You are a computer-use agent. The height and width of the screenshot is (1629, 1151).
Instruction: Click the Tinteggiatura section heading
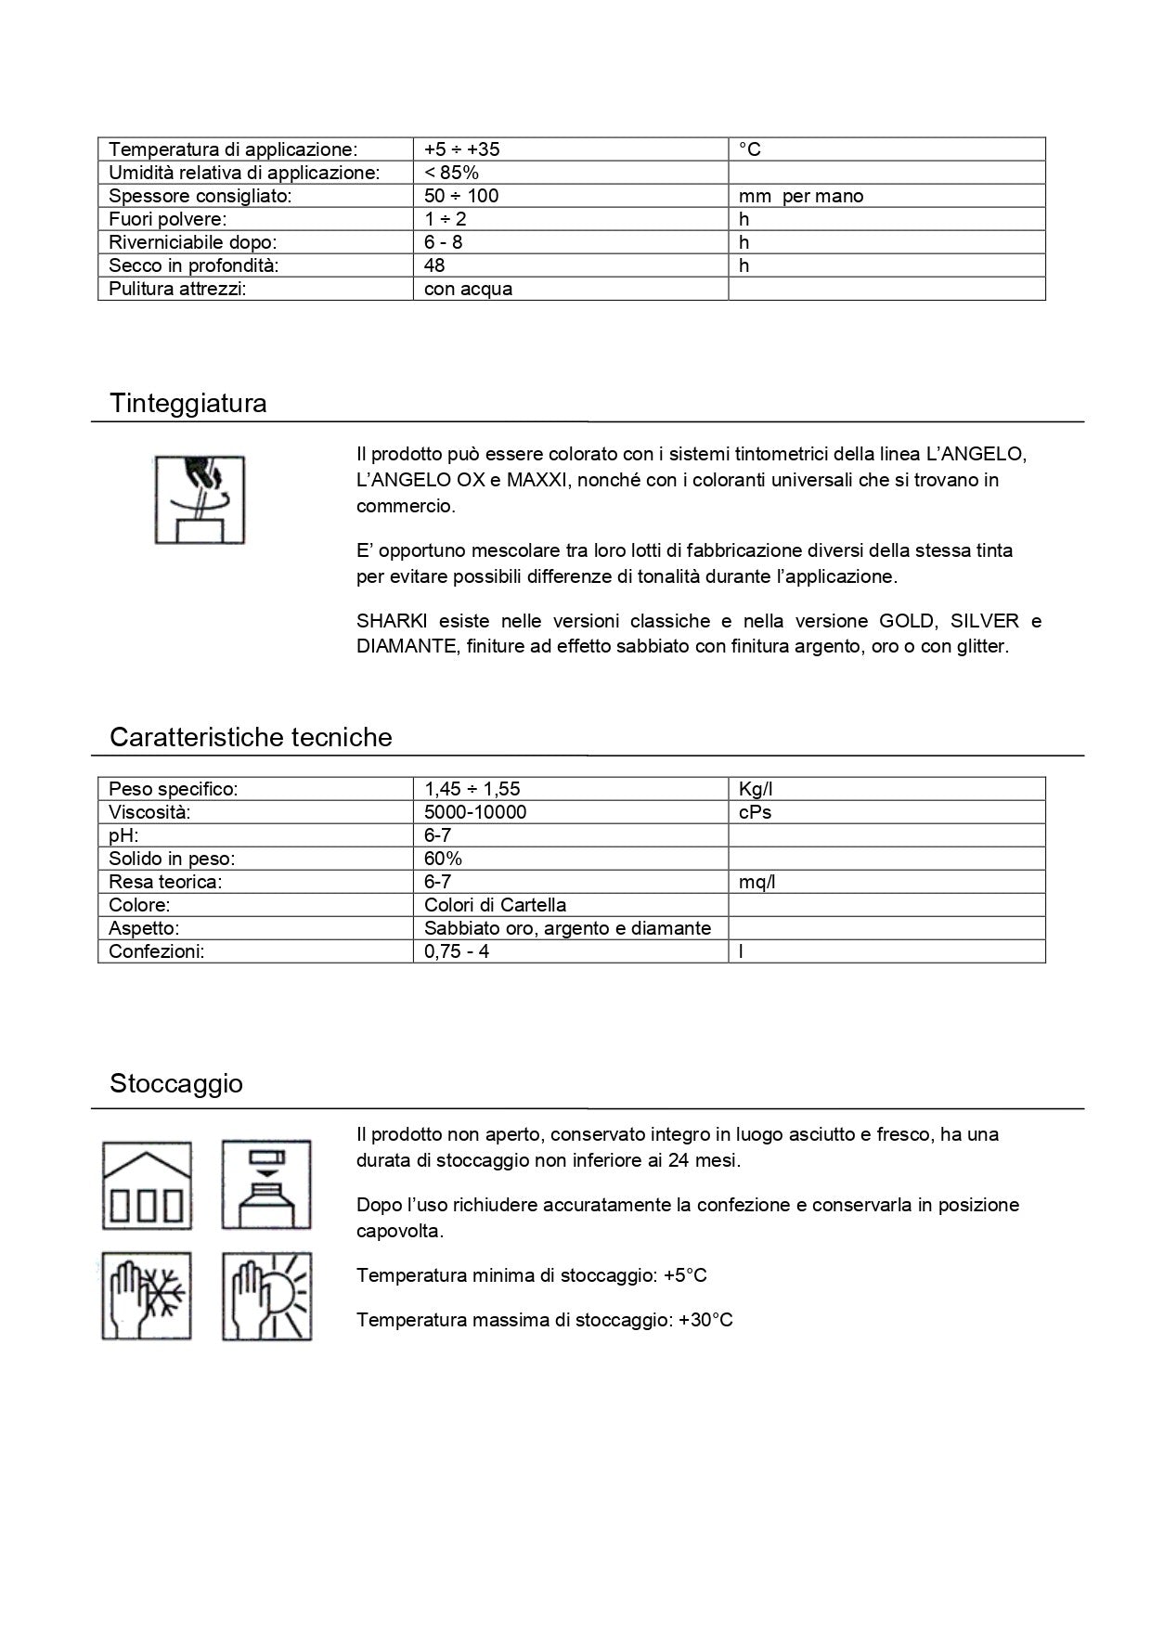pos(188,404)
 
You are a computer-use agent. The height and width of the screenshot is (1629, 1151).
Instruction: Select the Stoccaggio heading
pos(176,1084)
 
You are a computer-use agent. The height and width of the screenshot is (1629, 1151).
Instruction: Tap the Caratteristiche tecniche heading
pos(251,738)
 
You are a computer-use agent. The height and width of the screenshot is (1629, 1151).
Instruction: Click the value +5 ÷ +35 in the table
pos(462,149)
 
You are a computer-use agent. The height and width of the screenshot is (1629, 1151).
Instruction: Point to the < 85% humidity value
pos(451,173)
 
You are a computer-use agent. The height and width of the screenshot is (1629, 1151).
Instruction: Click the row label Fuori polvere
pos(168,219)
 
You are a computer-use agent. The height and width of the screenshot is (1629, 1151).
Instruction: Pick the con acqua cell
pos(468,289)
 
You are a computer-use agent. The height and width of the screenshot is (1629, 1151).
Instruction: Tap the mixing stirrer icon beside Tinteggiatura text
pos(200,499)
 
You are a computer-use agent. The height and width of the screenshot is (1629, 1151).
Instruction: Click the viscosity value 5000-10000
pos(475,812)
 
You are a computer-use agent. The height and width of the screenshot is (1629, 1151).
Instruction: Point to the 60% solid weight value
pos(443,859)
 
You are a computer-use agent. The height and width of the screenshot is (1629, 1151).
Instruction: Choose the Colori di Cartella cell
pos(495,905)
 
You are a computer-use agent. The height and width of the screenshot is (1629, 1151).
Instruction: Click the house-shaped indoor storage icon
pos(147,1185)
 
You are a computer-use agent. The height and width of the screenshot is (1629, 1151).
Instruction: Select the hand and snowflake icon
pos(147,1296)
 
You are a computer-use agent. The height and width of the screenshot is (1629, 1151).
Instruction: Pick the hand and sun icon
pos(266,1296)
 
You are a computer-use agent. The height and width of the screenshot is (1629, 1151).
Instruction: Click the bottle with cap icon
pos(266,1185)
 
